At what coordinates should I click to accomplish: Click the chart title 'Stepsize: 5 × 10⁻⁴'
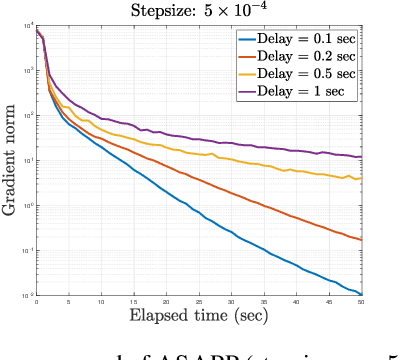[x=198, y=10]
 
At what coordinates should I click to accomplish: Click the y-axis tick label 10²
[x=29, y=116]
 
